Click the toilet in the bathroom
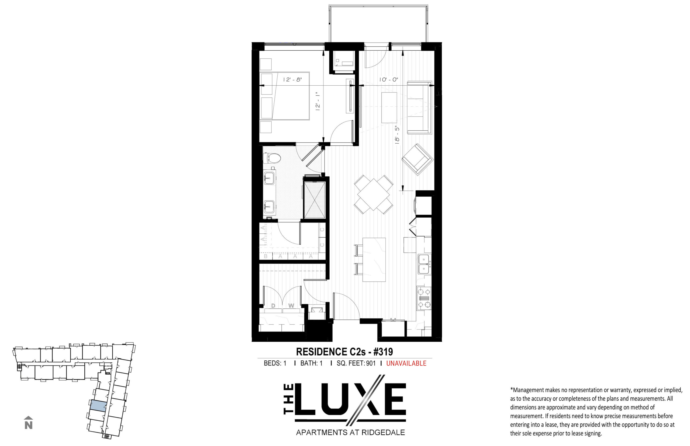click(x=272, y=158)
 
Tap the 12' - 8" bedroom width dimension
click(x=292, y=79)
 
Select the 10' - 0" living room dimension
click(x=389, y=79)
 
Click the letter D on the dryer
click(x=273, y=305)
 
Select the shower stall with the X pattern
click(x=315, y=200)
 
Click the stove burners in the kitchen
click(x=424, y=298)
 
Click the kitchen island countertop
click(x=374, y=259)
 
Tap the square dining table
click(x=373, y=194)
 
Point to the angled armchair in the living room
click(x=417, y=159)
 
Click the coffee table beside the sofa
click(x=389, y=107)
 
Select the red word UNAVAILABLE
click(x=406, y=363)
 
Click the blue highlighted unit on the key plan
click(x=98, y=405)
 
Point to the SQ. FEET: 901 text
click(x=356, y=363)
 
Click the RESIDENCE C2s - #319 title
click(x=344, y=351)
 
